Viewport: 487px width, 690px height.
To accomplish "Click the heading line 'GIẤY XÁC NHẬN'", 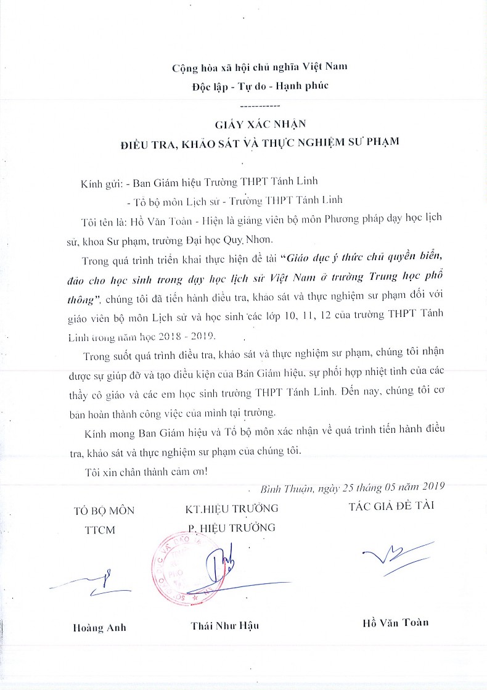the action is (x=259, y=123).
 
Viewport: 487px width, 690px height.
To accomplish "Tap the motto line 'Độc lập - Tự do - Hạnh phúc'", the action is (x=260, y=86).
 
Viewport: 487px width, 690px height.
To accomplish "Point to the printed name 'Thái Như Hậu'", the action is (x=224, y=626).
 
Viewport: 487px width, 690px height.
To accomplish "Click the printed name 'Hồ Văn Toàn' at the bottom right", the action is (x=395, y=622).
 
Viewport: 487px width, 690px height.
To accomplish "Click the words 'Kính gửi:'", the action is (x=100, y=183).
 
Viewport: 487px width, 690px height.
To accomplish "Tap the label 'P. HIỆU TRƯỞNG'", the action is (x=232, y=528).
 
